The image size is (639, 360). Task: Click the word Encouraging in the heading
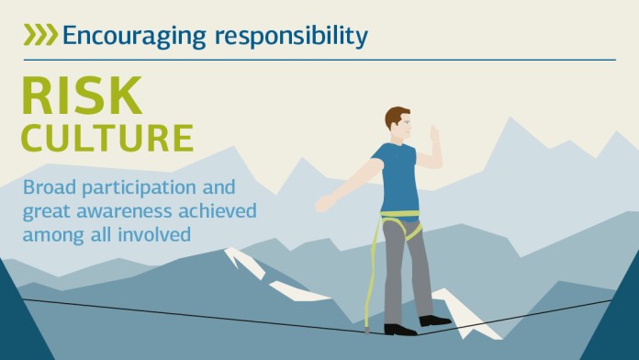coord(134,37)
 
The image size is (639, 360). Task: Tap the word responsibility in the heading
coord(291,37)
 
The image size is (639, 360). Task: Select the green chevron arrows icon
coord(40,34)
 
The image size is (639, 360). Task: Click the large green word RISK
coord(82,95)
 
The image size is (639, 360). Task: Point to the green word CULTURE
coord(107,138)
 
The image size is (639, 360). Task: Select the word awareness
coord(124,211)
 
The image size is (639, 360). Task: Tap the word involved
coord(154,234)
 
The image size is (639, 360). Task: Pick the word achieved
coord(218,211)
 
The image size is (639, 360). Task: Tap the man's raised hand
coord(435,134)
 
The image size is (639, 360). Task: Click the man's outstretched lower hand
coord(325,203)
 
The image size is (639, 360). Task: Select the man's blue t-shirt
coord(398,177)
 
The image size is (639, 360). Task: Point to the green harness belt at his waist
coord(399,214)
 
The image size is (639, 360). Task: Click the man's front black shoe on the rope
coord(400,330)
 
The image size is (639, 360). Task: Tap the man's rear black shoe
coord(434,321)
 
